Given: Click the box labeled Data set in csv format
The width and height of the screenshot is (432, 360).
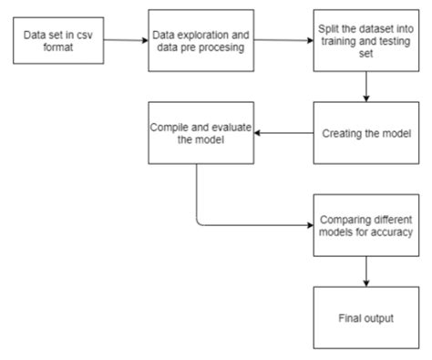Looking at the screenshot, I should point(59,41).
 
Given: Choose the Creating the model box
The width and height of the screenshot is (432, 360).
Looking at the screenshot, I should point(365,133).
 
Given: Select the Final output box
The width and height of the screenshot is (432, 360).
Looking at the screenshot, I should point(365,317).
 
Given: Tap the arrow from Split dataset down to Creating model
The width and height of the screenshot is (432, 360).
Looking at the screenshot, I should point(365,89).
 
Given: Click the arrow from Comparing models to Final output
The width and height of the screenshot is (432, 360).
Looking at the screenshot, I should point(365,271).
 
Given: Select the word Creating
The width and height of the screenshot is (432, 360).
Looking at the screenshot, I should point(344,133).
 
